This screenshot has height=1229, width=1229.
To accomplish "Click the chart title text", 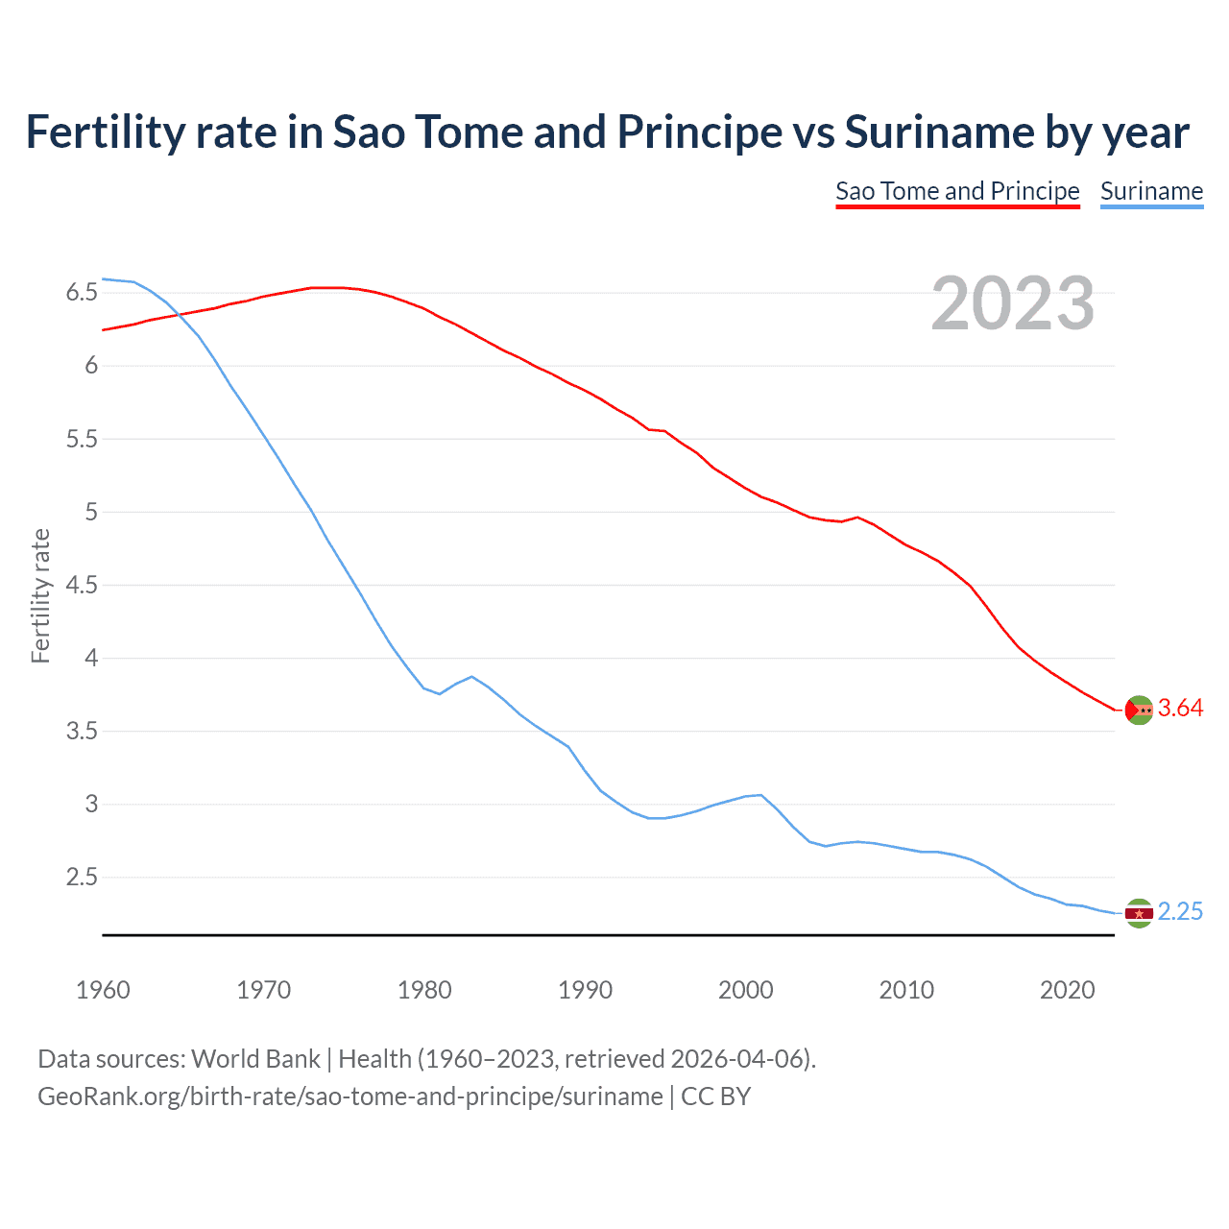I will point(607,133).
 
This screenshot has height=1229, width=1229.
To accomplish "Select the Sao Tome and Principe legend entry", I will point(957,191).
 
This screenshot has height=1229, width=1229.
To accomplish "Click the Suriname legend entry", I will point(1151,191).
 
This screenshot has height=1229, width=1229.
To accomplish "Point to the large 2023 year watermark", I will point(1012,303).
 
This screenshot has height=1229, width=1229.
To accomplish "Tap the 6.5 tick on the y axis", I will point(82,292).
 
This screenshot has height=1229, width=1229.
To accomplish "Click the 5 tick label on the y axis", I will point(91,512).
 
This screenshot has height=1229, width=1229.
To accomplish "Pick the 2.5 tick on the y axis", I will point(82,878).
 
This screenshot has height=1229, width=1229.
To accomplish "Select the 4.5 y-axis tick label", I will point(82,585).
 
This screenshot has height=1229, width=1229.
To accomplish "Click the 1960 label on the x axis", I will point(103,990).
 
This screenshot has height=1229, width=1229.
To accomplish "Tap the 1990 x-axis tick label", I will point(585,990).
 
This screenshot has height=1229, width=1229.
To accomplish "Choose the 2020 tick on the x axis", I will point(1067,990).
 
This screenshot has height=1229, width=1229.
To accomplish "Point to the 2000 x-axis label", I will point(745,990).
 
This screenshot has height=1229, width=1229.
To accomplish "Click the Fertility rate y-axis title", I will point(40,595).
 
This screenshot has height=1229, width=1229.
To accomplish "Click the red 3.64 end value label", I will point(1180,709).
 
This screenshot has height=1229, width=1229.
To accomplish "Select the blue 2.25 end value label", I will point(1180,912).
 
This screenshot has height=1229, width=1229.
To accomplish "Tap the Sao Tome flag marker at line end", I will point(1139,710).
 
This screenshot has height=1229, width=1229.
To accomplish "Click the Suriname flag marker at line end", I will point(1139,913).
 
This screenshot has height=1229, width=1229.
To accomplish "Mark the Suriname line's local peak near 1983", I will point(471,676).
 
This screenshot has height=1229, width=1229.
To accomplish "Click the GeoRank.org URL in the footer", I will point(350,1096).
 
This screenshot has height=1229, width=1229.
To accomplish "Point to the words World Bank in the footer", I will point(255,1059).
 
